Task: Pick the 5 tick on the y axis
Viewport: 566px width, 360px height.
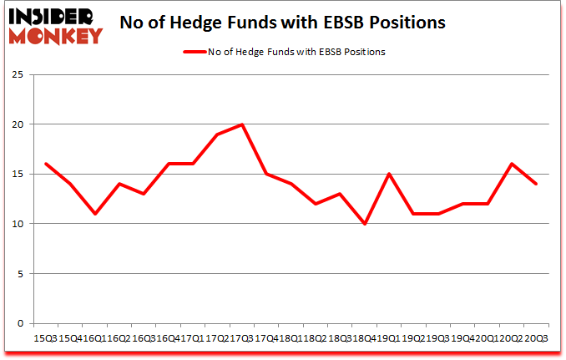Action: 19,274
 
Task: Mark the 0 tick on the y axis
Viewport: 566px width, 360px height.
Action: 19,323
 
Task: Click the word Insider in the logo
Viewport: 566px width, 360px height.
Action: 53,15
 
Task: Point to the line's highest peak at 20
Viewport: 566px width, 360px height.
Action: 241,124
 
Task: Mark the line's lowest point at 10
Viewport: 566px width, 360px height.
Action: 364,224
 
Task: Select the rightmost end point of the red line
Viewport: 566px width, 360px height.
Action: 536,185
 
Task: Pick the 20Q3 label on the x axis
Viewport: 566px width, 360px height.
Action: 536,337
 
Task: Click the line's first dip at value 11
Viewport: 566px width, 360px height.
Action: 93,214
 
